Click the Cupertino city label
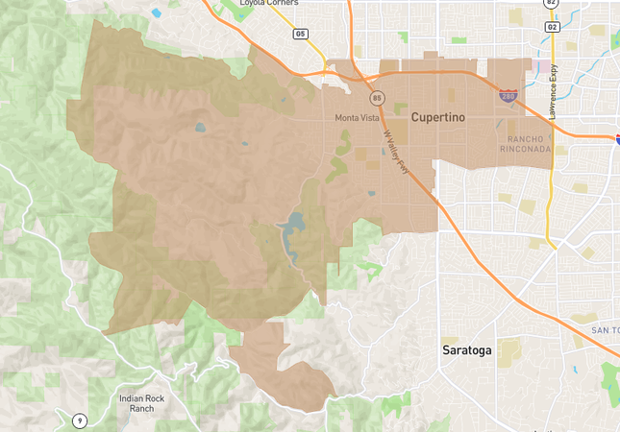[438, 116]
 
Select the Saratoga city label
[466, 350]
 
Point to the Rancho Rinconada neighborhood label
[526, 144]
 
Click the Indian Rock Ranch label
[136, 402]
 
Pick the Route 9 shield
[79, 420]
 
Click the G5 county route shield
[301, 34]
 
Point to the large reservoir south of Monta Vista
[293, 230]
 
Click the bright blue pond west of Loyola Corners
[156, 13]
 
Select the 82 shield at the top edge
[551, 3]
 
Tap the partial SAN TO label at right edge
[605, 330]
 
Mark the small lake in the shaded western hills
[200, 127]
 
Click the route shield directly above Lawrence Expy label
[551, 27]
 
